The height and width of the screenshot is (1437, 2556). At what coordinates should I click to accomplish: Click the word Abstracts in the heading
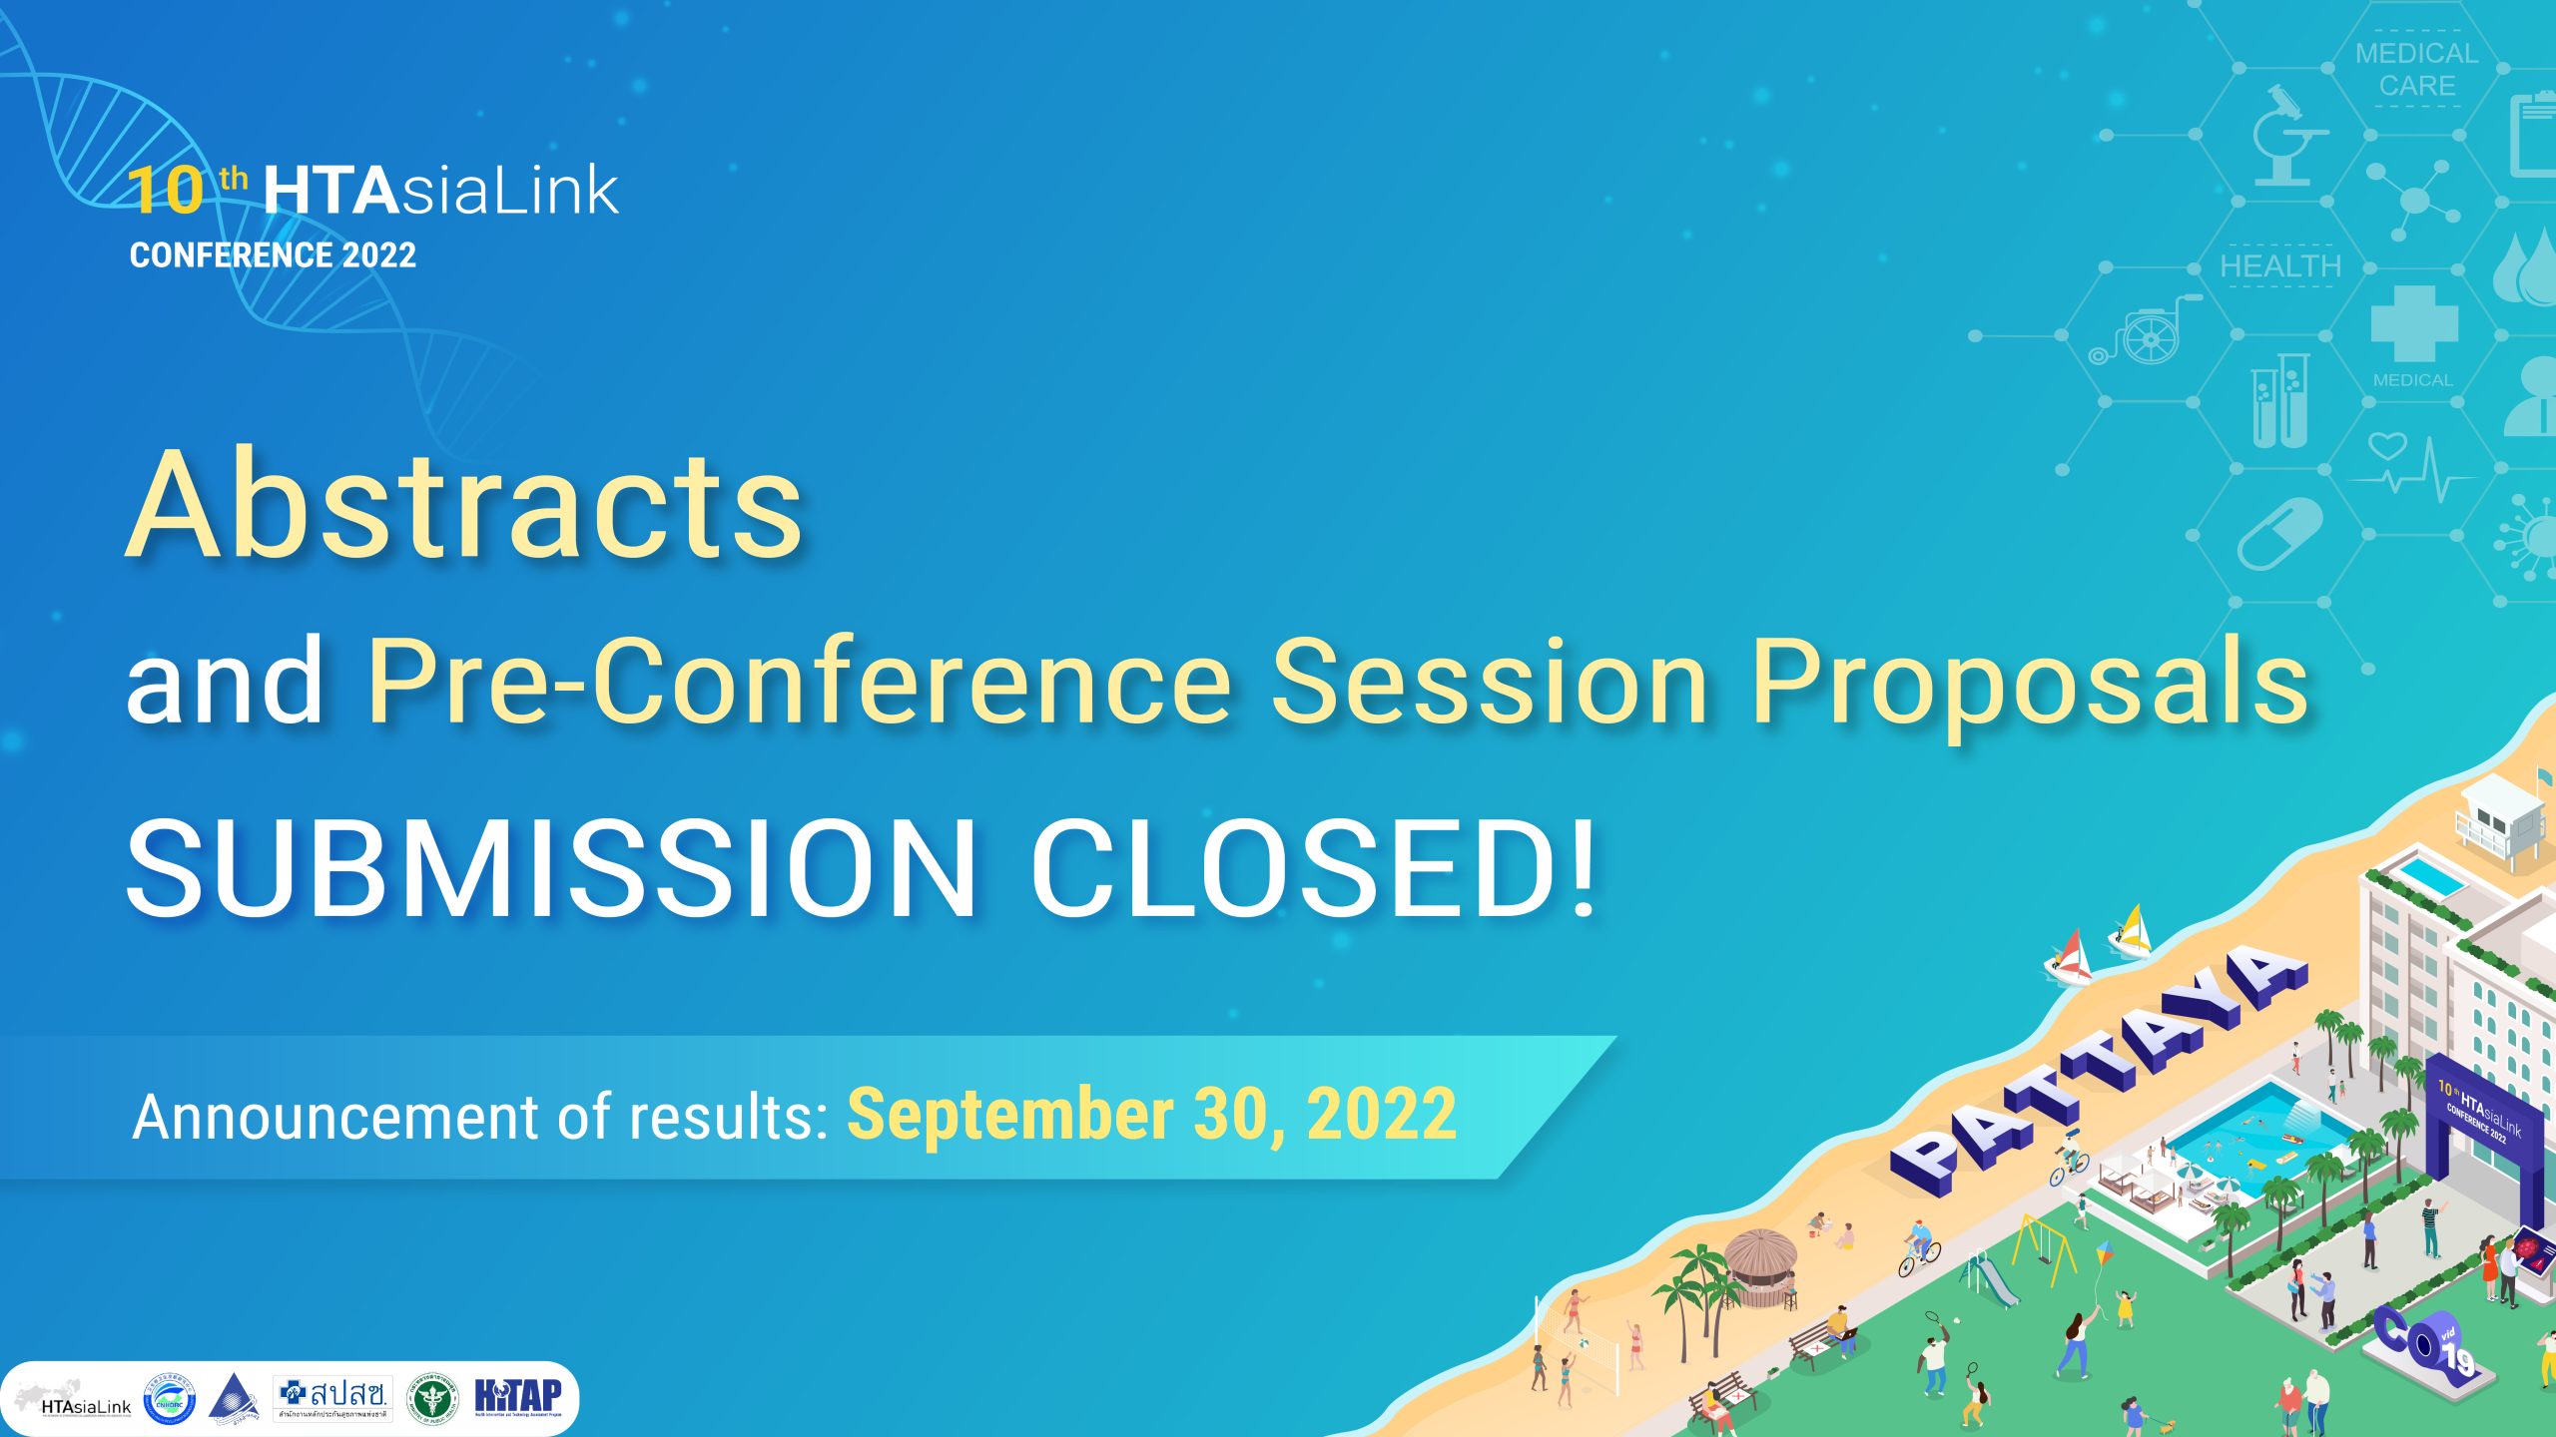pos(464,506)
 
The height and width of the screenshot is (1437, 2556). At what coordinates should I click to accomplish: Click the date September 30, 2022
pos(1151,1114)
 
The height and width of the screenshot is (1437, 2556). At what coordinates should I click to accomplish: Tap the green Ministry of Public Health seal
pos(433,1397)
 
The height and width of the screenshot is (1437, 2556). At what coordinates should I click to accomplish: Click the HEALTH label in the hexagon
pos(2280,266)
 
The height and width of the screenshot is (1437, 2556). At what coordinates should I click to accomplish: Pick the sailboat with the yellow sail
pos(2132,932)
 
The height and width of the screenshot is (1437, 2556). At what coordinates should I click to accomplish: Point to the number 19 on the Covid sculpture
pos(2458,1359)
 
